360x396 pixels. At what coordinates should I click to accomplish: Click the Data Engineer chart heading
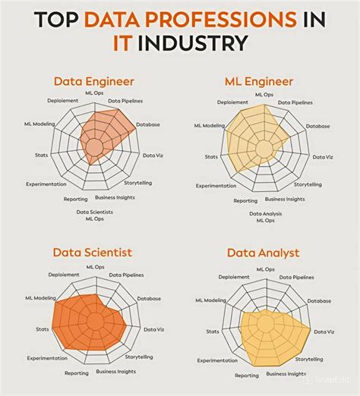pyautogui.click(x=93, y=80)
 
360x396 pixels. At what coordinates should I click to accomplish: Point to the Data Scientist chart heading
pyautogui.click(x=93, y=252)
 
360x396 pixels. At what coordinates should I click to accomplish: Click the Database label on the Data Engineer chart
pyautogui.click(x=147, y=124)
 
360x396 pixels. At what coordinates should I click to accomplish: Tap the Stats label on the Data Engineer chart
pyautogui.click(x=41, y=156)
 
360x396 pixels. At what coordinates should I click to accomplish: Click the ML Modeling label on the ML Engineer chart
pyautogui.click(x=209, y=125)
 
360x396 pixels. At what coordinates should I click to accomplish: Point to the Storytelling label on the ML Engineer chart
pyautogui.click(x=308, y=184)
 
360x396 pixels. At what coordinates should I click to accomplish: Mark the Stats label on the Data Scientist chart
pyautogui.click(x=43, y=329)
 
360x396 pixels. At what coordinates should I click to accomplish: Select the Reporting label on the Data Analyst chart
pyautogui.click(x=246, y=375)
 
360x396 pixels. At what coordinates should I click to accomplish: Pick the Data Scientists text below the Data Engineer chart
pyautogui.click(x=95, y=212)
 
